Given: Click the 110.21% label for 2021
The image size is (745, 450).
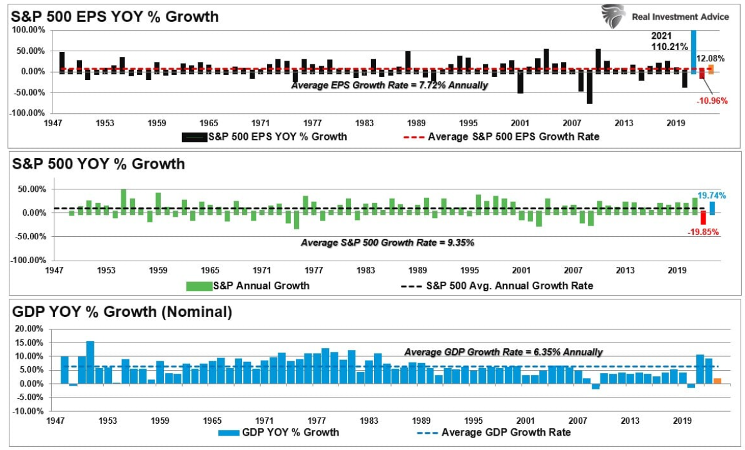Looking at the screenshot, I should (670, 46).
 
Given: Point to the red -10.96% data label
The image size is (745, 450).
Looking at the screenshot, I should (711, 101).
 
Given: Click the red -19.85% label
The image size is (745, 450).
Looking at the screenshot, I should (703, 232).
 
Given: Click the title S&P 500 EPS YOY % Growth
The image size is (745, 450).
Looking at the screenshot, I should (115, 17).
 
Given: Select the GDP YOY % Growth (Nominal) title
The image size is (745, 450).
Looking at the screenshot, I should (123, 311).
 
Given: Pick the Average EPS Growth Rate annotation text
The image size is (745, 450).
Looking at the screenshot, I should (389, 85).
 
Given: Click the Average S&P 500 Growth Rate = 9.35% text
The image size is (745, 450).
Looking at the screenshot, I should (387, 242).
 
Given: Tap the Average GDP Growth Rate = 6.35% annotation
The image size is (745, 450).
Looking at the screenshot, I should (503, 352).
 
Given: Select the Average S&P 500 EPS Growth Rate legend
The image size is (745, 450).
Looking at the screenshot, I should (513, 136).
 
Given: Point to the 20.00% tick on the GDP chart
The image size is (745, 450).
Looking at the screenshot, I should (29, 329).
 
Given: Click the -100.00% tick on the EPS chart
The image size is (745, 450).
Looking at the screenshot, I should (26, 113).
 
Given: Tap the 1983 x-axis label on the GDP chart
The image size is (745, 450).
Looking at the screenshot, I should (367, 421).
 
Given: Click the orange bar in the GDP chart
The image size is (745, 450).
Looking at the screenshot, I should (716, 381).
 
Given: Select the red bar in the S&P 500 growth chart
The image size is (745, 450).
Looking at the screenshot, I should (703, 218).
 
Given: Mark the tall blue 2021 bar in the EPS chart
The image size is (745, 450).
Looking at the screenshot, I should (694, 50).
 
